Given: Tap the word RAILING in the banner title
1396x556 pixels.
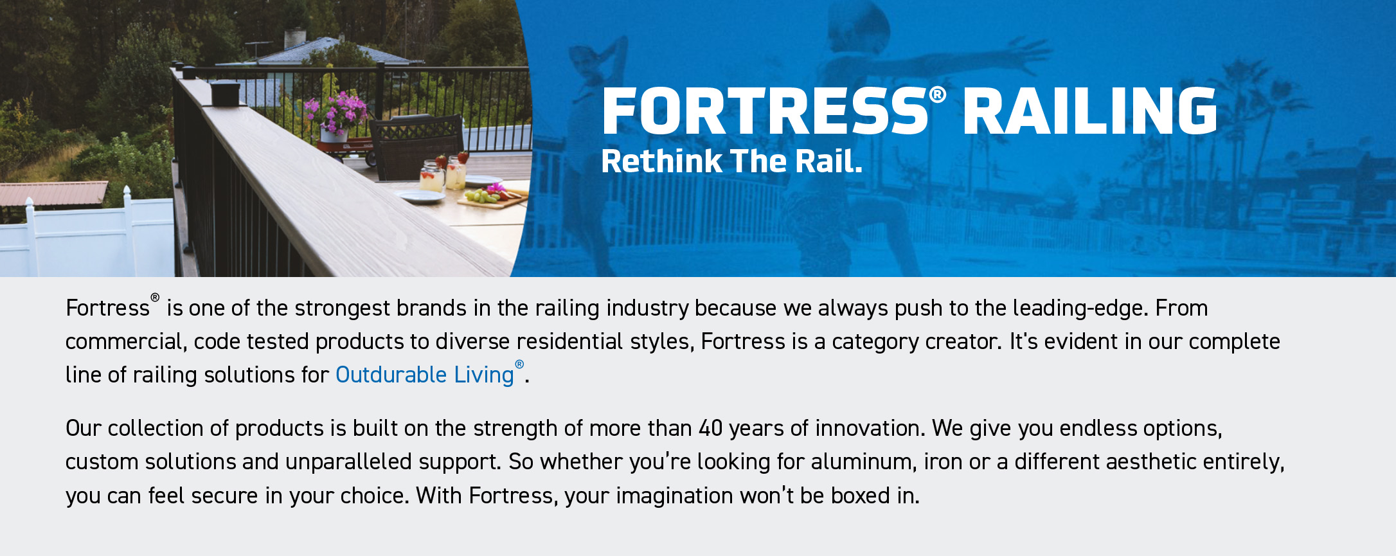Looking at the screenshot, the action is click(1089, 111).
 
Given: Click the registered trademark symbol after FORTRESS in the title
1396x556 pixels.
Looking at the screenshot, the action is click(938, 95).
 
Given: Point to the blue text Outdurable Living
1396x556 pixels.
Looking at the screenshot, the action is click(425, 375).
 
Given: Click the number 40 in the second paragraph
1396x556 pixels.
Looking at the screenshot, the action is click(711, 428).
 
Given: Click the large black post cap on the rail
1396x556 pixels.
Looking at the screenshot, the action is click(225, 93).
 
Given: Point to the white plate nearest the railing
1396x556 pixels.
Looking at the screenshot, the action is click(421, 197).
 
